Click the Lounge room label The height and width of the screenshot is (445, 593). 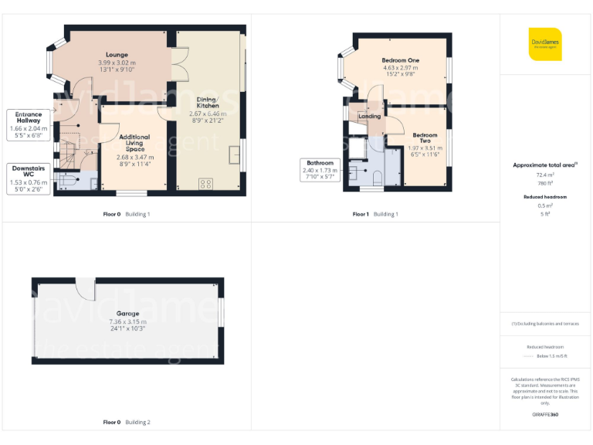pos(117,55)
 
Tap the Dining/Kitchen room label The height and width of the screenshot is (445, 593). pos(206,103)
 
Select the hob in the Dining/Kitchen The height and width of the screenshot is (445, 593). pos(206,183)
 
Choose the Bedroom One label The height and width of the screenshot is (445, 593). pos(400,60)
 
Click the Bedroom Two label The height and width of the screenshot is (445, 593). pos(425,138)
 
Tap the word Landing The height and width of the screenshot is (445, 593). pos(370,116)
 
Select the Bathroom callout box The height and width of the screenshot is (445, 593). pos(320,168)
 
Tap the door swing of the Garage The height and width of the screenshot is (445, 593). pos(86,290)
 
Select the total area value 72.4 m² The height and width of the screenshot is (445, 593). pos(545,175)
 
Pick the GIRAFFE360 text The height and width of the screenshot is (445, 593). pos(545,415)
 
